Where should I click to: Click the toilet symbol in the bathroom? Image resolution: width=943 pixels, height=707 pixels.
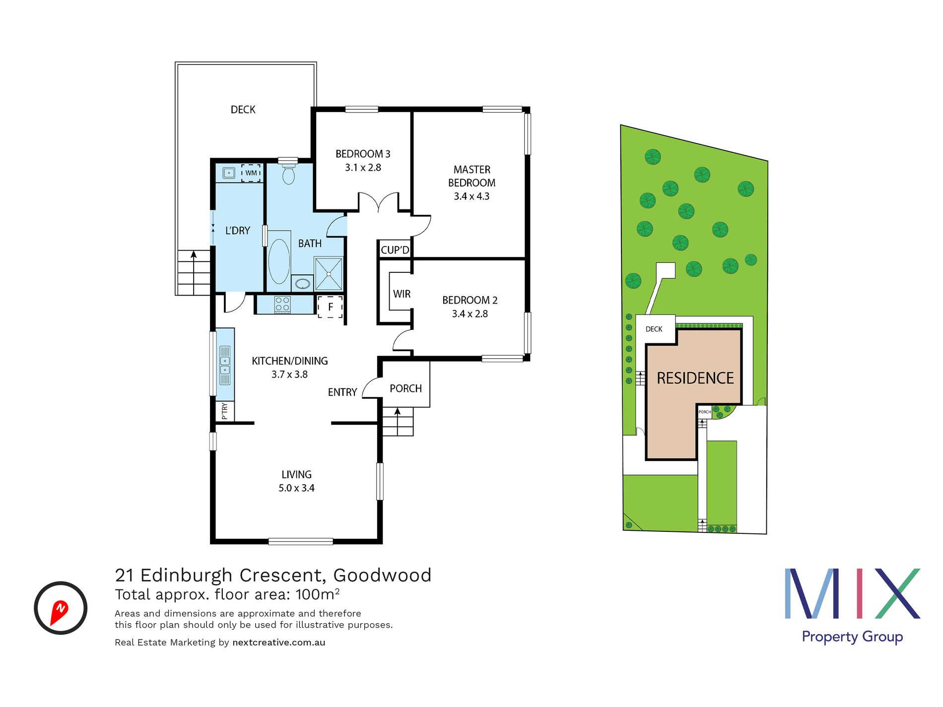[x=288, y=175]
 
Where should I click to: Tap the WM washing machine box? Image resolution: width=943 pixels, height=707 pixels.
[x=251, y=173]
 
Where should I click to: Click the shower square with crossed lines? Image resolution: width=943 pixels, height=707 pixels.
[x=329, y=274]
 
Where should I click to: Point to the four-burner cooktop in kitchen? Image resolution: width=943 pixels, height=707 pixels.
[x=282, y=304]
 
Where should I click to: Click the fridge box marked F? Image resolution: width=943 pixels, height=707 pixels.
[x=331, y=307]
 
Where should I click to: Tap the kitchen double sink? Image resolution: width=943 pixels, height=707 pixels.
[x=225, y=365]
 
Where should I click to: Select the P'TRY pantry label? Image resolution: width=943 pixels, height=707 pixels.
[x=225, y=411]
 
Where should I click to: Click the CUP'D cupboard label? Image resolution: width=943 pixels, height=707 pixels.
[x=395, y=250]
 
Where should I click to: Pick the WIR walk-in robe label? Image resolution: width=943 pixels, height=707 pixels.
[x=402, y=294]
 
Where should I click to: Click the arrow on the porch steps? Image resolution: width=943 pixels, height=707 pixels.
[x=398, y=412]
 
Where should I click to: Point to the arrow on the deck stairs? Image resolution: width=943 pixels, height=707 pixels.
[x=194, y=256]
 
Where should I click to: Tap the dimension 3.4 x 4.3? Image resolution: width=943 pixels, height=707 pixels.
[x=471, y=196]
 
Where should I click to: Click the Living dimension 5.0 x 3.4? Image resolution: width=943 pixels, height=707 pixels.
[x=296, y=488]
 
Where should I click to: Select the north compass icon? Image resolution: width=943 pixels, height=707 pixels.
[x=61, y=608]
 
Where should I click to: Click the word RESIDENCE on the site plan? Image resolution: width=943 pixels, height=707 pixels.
[x=695, y=379]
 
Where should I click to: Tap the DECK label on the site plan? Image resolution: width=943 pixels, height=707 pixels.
[x=654, y=329]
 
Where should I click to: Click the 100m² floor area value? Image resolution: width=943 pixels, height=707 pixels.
[x=318, y=594]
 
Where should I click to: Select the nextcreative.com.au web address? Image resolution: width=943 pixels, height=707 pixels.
[x=278, y=643]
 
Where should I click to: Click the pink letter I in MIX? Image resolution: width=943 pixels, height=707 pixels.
[x=859, y=593]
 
